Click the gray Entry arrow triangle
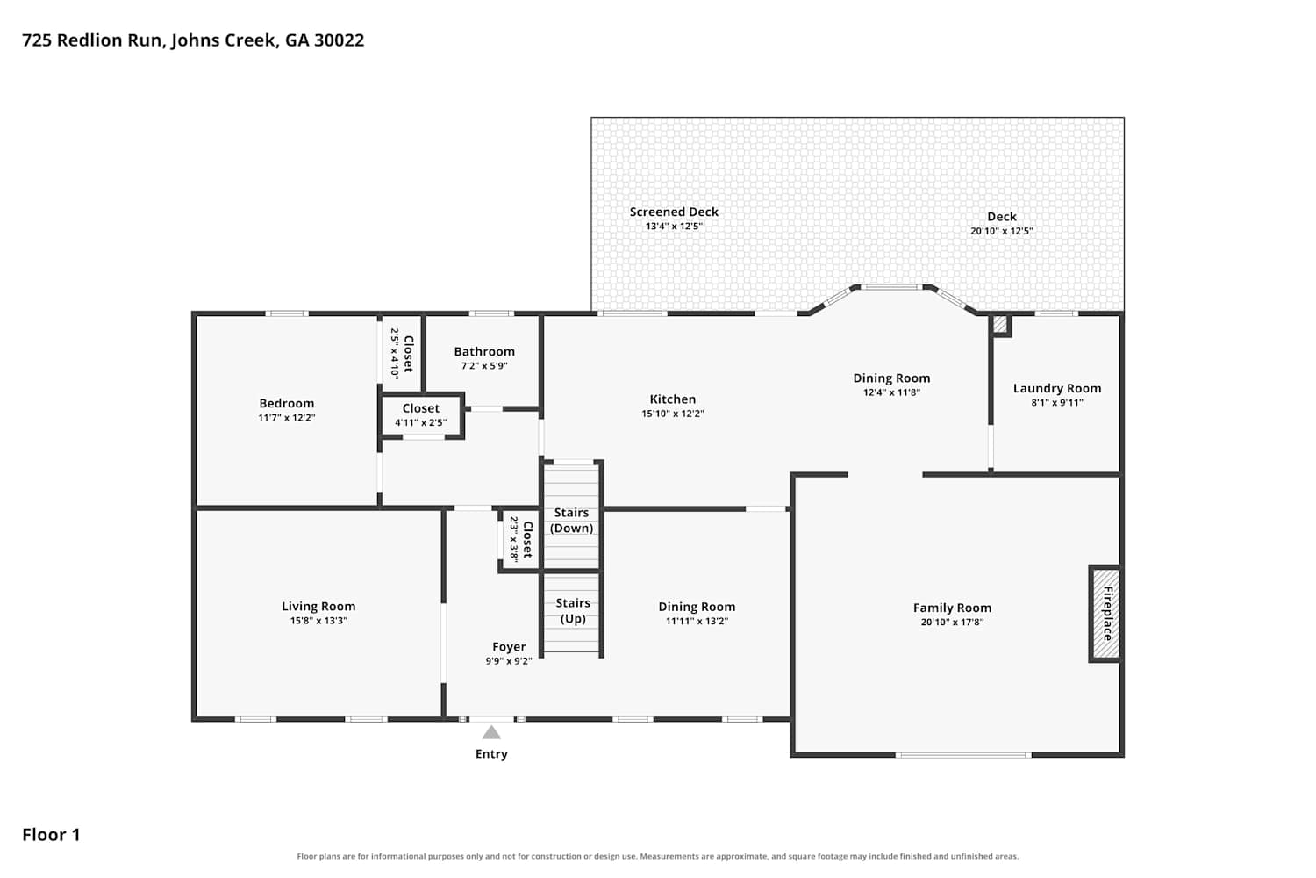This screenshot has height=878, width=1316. (x=491, y=732)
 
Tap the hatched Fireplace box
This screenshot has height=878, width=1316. (x=1105, y=614)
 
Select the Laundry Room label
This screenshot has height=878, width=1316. (x=1057, y=388)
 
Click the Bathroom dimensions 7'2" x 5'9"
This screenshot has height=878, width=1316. (x=484, y=366)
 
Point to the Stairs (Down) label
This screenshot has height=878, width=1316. (x=572, y=520)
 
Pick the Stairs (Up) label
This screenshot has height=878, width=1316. (x=573, y=610)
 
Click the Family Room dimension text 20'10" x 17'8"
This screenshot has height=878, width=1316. (x=952, y=623)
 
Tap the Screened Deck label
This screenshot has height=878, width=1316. (x=674, y=212)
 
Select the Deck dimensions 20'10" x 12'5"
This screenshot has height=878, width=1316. (x=1001, y=231)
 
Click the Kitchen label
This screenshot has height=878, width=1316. (x=673, y=399)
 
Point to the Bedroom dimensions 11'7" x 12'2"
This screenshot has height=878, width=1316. (x=287, y=418)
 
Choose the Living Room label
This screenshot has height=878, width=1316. (x=318, y=607)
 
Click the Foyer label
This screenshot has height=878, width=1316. (x=509, y=647)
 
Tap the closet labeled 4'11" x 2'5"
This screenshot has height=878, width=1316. (x=421, y=415)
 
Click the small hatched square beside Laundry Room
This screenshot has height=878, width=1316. (x=1000, y=325)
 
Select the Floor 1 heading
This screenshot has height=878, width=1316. (x=51, y=835)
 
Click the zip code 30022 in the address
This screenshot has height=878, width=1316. (x=339, y=40)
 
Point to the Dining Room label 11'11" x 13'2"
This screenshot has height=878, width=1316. (x=697, y=607)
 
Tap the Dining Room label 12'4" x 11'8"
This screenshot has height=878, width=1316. (x=891, y=378)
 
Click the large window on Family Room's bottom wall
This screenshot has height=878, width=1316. (x=963, y=754)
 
